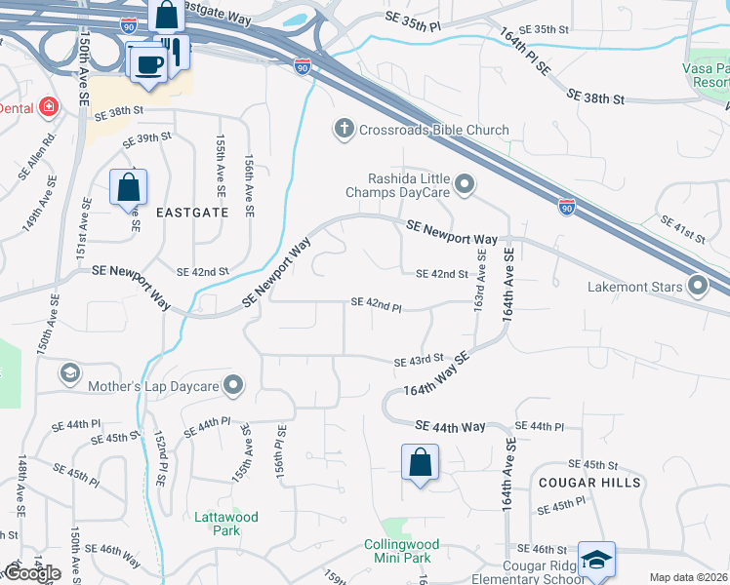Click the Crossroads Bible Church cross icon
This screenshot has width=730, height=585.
pyautogui.click(x=344, y=129)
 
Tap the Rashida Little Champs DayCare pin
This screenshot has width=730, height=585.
pyautogui.click(x=466, y=183)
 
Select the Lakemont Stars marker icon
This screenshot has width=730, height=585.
pyautogui.click(x=698, y=287)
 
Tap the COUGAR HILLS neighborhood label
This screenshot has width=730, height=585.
pyautogui.click(x=588, y=483)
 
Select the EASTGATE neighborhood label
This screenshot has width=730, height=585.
pyautogui.click(x=191, y=212)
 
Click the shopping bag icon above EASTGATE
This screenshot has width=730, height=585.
pyautogui.click(x=128, y=186)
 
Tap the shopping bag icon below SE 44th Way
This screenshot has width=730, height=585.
pyautogui.click(x=420, y=462)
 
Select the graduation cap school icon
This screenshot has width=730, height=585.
pyautogui.click(x=595, y=560)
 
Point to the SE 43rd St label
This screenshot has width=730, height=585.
pyautogui.click(x=419, y=361)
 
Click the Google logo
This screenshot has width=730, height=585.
pyautogui.click(x=31, y=573)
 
